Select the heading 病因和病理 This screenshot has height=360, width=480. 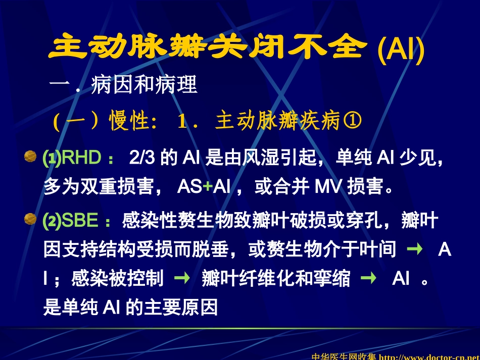(x=144, y=85)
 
